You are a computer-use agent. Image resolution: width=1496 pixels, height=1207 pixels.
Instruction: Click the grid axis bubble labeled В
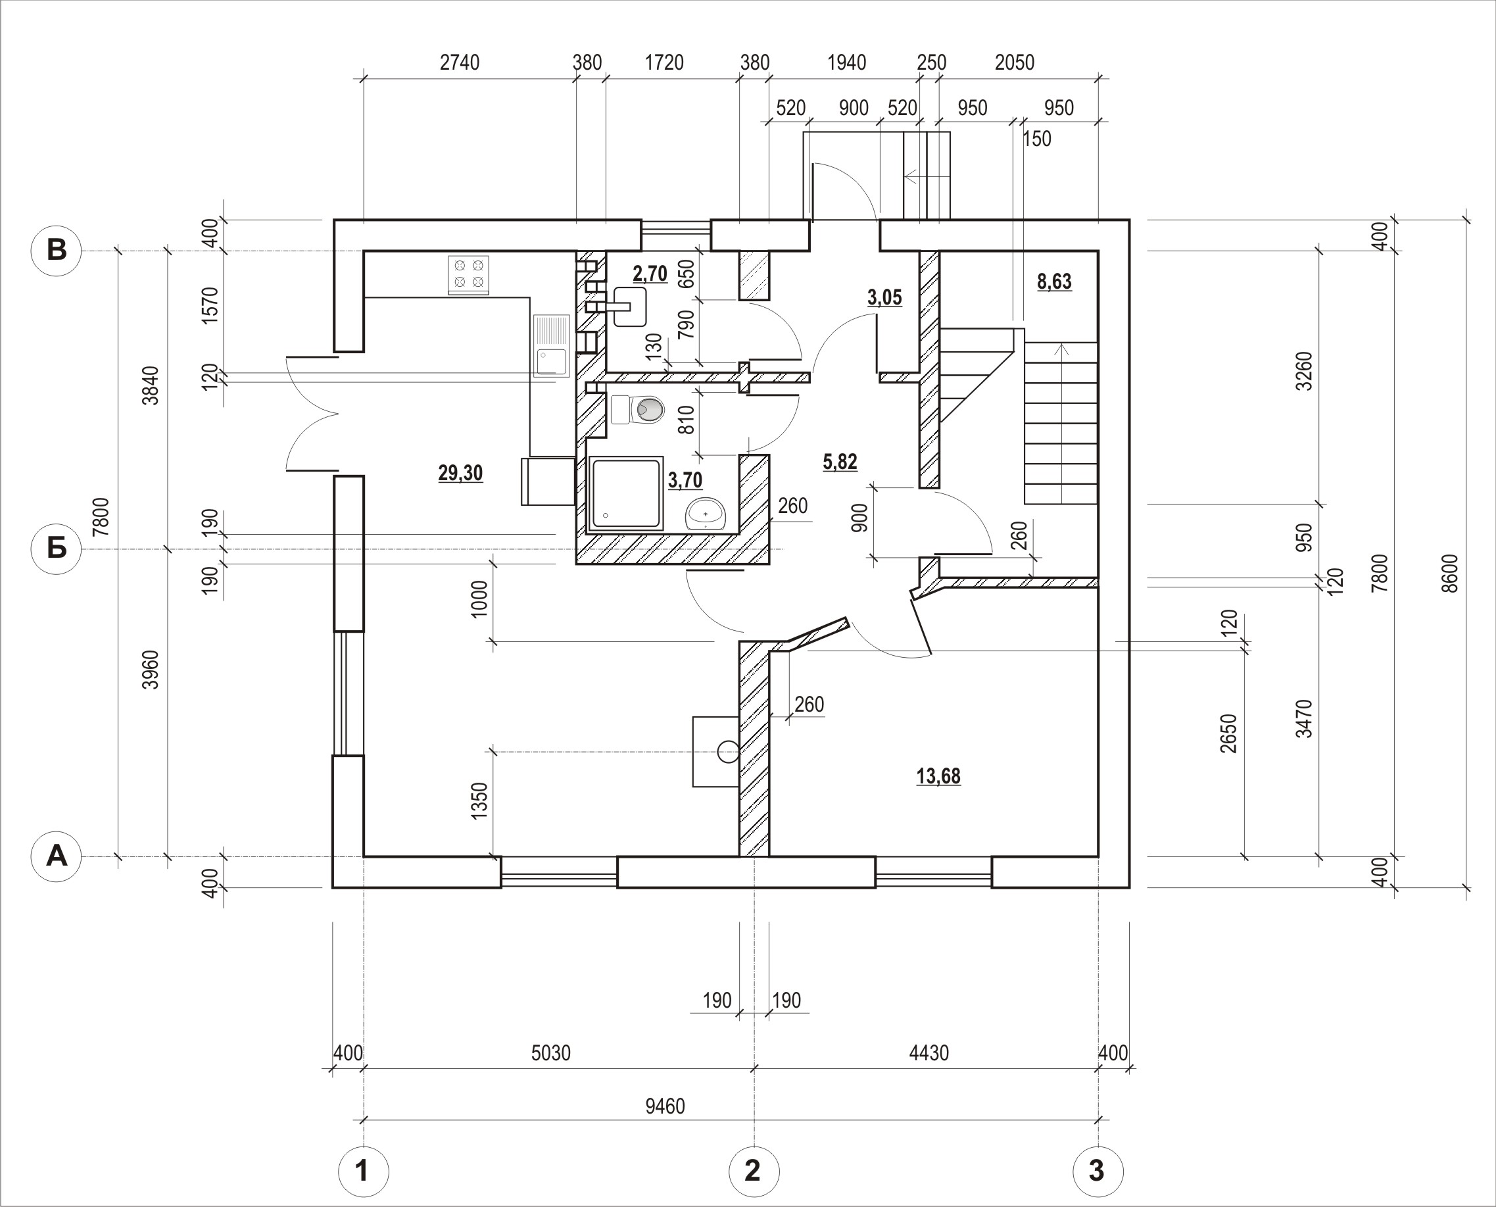click(57, 251)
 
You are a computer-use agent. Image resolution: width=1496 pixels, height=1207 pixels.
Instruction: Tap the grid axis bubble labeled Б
click(57, 549)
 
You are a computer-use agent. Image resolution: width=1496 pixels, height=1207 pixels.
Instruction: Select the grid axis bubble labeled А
click(57, 856)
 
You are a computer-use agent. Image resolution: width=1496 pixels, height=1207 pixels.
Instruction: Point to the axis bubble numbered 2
click(754, 1171)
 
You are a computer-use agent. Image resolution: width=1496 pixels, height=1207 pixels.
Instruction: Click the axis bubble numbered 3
click(1098, 1171)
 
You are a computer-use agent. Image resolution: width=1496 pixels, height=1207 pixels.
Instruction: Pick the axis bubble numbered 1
click(363, 1171)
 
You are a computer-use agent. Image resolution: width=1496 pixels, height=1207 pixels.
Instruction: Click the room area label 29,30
click(460, 474)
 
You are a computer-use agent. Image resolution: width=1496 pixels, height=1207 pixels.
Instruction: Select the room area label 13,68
click(938, 776)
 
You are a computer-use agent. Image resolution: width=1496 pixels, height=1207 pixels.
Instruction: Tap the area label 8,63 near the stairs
click(1054, 282)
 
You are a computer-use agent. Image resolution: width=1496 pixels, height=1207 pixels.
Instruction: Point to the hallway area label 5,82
click(840, 462)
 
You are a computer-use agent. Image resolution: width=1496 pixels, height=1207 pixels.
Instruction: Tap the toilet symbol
click(637, 410)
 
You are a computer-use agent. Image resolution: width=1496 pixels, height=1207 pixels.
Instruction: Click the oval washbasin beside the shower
click(706, 514)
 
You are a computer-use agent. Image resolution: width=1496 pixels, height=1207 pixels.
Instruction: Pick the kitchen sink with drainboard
click(551, 345)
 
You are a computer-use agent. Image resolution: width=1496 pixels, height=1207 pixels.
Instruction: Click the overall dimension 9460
click(665, 1106)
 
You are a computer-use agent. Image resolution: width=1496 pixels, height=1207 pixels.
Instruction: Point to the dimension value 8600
click(1449, 573)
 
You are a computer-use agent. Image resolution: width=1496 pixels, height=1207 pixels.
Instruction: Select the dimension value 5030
click(550, 1053)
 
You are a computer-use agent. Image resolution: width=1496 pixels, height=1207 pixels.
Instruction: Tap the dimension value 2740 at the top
click(460, 62)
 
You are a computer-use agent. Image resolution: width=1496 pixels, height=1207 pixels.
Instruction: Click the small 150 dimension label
click(1037, 139)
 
